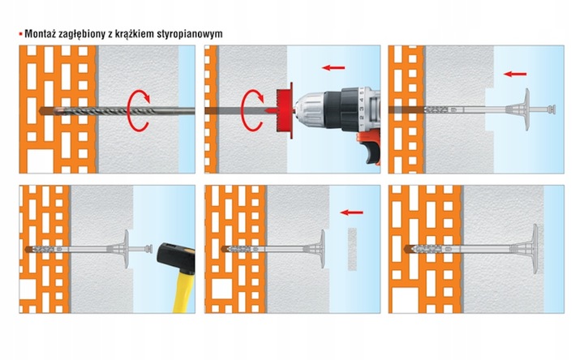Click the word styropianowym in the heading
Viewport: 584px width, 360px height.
coord(187,35)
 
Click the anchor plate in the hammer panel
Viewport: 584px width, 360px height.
coord(125,248)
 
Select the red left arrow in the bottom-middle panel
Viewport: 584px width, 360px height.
coord(350,213)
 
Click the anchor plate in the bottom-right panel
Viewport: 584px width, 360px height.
coord(536,247)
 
